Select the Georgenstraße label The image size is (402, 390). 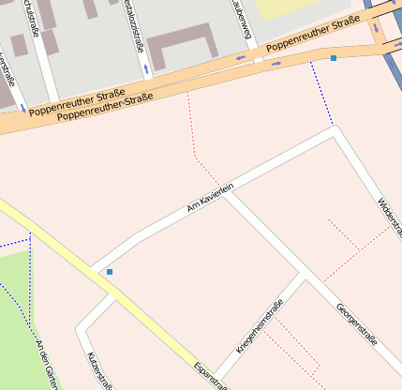tap(356, 322)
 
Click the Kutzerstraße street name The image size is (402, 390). tap(99, 371)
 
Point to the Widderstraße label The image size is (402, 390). tap(390, 217)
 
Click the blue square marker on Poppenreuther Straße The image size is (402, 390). tap(333, 58)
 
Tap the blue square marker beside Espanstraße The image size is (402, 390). tap(110, 272)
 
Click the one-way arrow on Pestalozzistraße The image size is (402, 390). tap(145, 68)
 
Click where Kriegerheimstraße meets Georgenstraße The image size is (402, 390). tap(300, 275)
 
